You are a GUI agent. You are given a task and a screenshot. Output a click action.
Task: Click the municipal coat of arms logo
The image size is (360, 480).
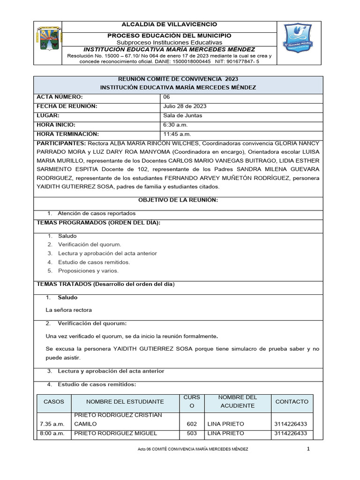click(x=47, y=40)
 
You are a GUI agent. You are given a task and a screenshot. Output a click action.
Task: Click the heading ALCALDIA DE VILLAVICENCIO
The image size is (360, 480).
click(x=169, y=24)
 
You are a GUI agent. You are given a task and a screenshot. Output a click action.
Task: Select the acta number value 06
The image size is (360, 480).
click(x=167, y=97)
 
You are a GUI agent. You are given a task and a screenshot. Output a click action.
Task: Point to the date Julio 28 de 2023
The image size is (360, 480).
click(x=185, y=106)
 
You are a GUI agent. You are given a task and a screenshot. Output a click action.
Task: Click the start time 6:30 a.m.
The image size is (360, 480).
click(x=176, y=125)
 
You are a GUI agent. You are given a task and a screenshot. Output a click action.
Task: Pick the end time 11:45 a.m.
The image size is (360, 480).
click(x=178, y=135)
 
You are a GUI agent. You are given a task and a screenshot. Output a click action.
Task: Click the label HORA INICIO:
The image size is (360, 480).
click(x=56, y=125)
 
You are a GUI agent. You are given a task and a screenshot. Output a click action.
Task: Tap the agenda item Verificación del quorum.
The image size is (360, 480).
click(x=90, y=245)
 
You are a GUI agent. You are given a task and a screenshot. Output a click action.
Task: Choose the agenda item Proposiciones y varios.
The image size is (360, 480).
click(x=88, y=271)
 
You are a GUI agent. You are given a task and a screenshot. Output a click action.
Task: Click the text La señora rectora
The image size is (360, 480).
click(x=68, y=310)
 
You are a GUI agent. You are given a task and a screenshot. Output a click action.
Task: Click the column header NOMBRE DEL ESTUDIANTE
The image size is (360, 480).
click(x=125, y=402)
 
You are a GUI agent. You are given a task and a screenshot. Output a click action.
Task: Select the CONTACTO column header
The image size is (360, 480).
click(x=292, y=402)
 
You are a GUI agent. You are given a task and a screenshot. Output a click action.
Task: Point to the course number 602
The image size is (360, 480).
click(x=192, y=424)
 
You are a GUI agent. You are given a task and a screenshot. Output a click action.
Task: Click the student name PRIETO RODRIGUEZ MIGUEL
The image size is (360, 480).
click(x=115, y=433)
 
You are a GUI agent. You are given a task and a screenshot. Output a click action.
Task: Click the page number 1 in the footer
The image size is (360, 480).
click(x=308, y=449)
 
